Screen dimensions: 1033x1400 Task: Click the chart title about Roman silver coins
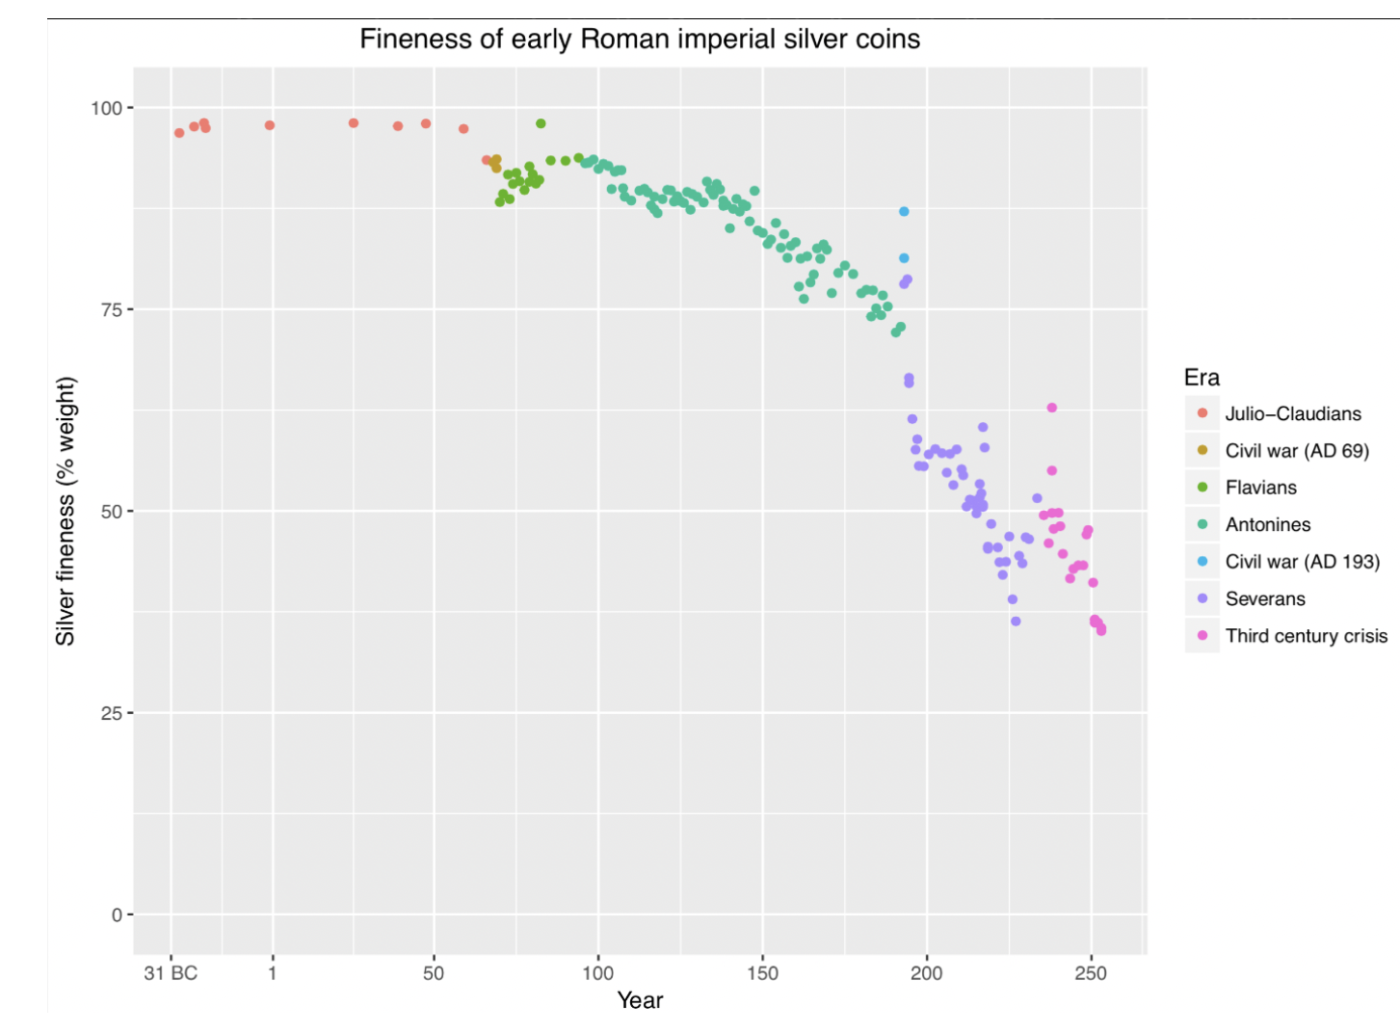coord(640,40)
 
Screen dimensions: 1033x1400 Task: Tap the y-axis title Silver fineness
coord(66,511)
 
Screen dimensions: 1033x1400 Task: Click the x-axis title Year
coord(640,1000)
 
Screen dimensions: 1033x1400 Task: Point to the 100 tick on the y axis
coord(106,108)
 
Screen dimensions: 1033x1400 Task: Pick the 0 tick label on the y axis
coord(117,914)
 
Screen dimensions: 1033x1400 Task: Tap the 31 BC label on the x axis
coord(171,973)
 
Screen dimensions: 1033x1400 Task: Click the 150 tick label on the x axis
coord(762,973)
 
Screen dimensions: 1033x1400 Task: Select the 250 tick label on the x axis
coord(1091,973)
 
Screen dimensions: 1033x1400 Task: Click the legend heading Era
coord(1202,378)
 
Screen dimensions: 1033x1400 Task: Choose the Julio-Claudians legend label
coord(1293,414)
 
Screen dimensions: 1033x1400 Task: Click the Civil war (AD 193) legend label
coord(1303,562)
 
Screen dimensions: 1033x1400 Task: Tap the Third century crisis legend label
coord(1307,636)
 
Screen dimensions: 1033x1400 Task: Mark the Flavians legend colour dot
coord(1202,488)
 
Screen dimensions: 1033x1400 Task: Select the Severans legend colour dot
coord(1202,598)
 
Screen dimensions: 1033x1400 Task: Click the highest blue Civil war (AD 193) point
coord(904,212)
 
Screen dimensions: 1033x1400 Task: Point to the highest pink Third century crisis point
coord(1052,408)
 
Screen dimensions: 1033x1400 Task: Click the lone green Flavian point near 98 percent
coord(541,123)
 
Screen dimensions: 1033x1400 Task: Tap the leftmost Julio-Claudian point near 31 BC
coord(179,133)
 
